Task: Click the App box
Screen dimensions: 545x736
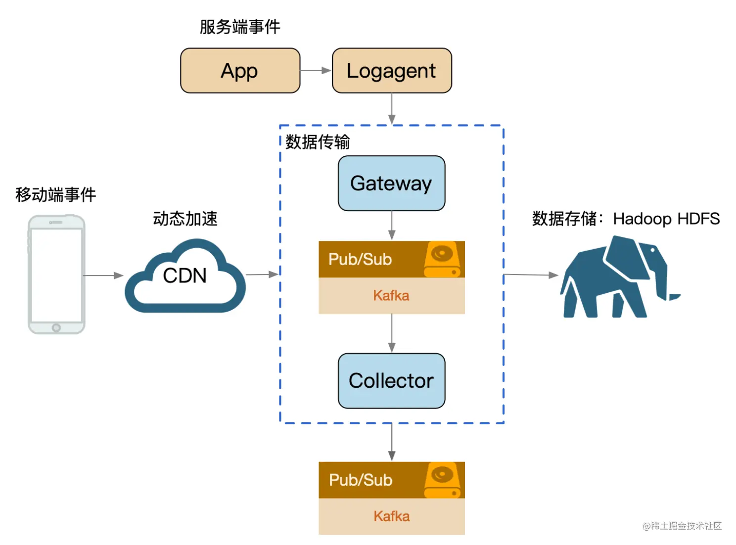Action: coord(240,71)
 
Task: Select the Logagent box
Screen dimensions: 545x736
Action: coord(392,71)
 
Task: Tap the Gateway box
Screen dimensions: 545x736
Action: coord(391,183)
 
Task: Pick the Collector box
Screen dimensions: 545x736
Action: coord(391,381)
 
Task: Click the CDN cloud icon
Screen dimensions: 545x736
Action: coord(185,276)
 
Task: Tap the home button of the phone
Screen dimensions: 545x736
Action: coord(56,327)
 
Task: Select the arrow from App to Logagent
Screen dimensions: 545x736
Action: coord(316,71)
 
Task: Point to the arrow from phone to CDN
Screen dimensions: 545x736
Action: coord(103,275)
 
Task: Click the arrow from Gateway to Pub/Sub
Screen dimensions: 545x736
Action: coord(392,226)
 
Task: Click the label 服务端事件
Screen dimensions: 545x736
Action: coord(240,27)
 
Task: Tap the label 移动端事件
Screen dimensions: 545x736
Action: coord(55,194)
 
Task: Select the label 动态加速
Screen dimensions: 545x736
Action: coord(185,219)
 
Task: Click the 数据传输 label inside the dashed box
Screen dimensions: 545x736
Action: coord(318,142)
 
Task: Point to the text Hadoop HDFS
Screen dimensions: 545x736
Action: coord(666,219)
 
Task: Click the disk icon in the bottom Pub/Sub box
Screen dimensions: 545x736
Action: coord(443,480)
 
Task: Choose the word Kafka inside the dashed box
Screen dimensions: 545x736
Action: coord(391,296)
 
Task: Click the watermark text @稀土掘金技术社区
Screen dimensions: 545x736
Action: coord(682,526)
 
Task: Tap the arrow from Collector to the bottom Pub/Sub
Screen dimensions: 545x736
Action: coord(392,442)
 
